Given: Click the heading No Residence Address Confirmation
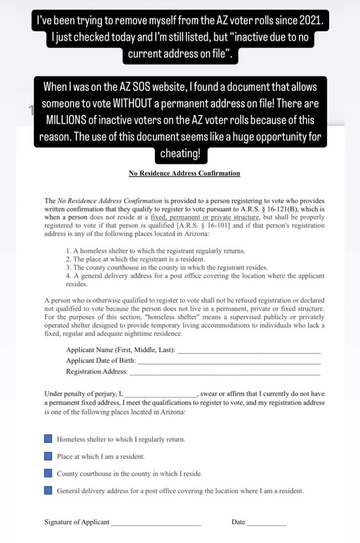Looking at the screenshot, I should point(184,173).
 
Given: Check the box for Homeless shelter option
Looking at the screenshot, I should point(48,439).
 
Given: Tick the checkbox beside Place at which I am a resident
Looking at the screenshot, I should point(48,456).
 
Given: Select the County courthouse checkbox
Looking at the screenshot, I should point(48,473).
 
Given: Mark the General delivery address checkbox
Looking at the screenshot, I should point(48,490).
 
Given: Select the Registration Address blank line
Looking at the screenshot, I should point(225,373).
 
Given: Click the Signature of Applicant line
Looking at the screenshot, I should point(156,524).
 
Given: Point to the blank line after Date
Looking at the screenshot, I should point(267,524).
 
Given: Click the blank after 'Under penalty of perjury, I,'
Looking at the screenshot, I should point(160,395).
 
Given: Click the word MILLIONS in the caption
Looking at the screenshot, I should point(67,119).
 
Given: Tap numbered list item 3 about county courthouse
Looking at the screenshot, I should point(167,268).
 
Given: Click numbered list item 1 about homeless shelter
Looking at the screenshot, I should point(155,251).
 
